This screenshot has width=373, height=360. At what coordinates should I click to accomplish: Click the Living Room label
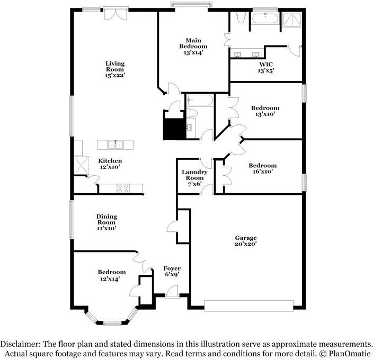(115, 69)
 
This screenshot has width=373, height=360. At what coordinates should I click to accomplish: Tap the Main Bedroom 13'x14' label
(193, 47)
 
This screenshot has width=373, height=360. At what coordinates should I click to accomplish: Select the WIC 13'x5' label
(266, 67)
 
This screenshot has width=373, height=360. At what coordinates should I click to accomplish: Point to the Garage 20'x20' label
(246, 241)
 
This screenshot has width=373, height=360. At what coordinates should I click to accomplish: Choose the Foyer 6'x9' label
(172, 271)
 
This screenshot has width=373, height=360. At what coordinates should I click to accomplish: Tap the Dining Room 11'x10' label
(106, 222)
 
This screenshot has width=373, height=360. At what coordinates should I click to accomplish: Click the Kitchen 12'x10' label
(110, 164)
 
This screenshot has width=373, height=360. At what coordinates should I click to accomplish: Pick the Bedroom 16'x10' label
(263, 168)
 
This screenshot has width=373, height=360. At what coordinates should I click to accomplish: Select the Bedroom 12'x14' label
(112, 275)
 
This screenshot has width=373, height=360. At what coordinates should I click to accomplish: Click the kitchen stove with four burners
(123, 188)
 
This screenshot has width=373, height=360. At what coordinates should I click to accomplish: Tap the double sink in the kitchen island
(116, 145)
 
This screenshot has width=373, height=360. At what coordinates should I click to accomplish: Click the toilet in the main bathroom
(241, 17)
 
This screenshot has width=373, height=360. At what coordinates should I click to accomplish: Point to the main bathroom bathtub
(265, 19)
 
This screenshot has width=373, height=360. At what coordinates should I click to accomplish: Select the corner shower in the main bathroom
(291, 20)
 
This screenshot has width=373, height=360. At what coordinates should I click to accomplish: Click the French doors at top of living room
(116, 14)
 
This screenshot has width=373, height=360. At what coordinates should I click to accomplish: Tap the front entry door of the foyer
(172, 291)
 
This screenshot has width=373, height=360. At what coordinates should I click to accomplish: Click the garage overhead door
(248, 305)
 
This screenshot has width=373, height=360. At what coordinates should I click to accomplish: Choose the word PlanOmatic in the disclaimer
(349, 354)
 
